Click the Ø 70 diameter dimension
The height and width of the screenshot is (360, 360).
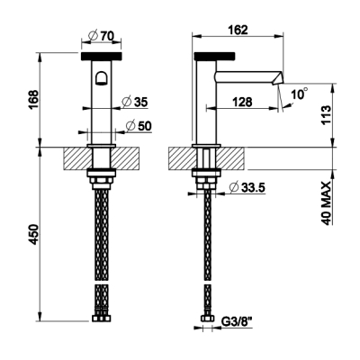102,36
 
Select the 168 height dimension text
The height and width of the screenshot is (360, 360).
34,100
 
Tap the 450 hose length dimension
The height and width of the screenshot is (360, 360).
34,234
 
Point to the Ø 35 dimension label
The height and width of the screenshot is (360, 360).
135,102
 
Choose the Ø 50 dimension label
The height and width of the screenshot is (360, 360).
139,126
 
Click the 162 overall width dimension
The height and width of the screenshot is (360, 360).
238,30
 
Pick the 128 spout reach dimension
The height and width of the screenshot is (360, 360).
242,102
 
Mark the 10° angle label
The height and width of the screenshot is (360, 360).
300,94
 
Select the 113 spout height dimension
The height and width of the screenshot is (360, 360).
326,115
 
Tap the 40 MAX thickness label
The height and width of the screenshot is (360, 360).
326,203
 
